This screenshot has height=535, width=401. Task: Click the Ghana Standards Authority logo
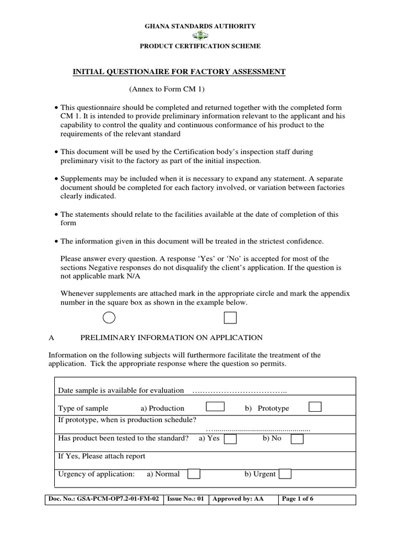point(200,36)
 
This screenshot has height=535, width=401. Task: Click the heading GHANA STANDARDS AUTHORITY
point(200,26)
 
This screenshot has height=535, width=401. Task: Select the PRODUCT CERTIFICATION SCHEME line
point(200,46)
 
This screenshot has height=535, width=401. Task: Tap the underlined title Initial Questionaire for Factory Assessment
point(179,72)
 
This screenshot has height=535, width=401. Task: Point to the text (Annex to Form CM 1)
point(164,89)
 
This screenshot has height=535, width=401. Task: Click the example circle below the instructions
point(109,318)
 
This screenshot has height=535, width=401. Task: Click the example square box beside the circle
point(230,318)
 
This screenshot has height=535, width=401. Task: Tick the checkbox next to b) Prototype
point(315,407)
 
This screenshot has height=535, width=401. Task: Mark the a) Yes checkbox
point(230,439)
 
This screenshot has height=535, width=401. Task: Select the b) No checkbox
point(297,439)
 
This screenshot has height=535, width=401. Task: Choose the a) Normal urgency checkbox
point(194,474)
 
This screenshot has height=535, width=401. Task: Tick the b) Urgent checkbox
point(285,474)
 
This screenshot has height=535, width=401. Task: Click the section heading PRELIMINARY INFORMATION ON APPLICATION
point(171,338)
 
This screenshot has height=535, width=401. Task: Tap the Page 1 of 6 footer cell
point(317,499)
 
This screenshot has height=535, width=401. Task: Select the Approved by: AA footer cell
point(243,499)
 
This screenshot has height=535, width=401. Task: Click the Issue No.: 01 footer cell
point(186,499)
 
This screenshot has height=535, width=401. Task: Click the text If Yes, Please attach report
point(101,456)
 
